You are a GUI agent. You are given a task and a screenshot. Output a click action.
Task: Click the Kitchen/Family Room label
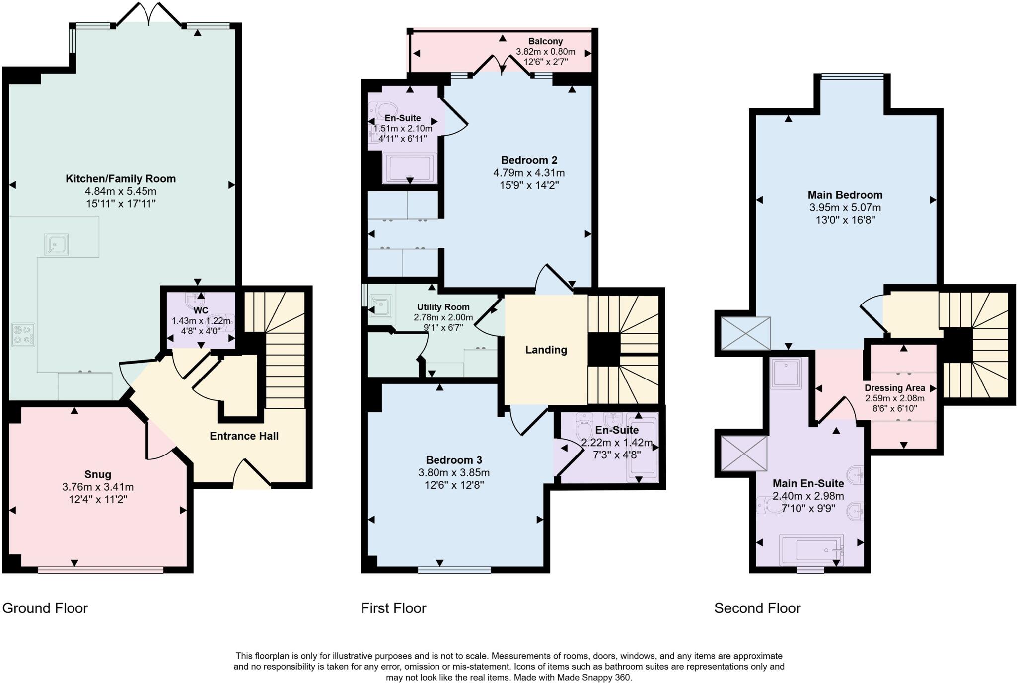121,179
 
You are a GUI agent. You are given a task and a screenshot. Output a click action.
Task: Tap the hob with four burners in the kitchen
23,335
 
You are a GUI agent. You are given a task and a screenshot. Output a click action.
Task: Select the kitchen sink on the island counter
56,244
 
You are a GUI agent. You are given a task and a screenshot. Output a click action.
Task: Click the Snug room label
98,474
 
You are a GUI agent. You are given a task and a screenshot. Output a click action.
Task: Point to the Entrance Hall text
244,436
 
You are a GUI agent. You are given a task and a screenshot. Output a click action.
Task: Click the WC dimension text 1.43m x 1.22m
201,321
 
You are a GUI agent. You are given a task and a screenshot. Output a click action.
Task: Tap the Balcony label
545,41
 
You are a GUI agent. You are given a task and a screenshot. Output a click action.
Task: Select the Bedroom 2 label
529,160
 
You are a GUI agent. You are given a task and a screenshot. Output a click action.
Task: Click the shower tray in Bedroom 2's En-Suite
410,169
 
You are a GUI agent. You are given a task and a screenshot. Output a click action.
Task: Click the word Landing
546,350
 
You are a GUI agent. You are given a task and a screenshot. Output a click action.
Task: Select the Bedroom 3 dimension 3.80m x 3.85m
454,473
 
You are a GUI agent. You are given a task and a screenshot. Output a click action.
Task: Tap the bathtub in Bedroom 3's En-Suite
642,447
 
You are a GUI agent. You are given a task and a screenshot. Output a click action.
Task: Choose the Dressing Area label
894,388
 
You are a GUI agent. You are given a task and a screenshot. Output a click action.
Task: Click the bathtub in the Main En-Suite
811,550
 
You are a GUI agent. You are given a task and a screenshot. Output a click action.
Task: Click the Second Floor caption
757,608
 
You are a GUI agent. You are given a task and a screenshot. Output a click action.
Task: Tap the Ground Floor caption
45,608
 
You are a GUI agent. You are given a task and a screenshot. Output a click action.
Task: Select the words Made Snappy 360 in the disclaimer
593,677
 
